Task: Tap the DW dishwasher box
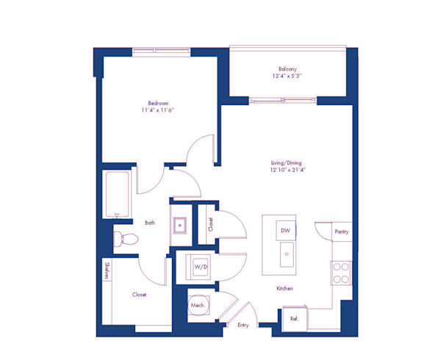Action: tap(287, 231)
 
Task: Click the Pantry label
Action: tap(342, 231)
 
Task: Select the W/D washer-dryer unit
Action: tap(201, 268)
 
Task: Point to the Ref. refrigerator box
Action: tap(293, 319)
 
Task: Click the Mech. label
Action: tap(197, 304)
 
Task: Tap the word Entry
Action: tap(243, 324)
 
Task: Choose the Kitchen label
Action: tap(285, 289)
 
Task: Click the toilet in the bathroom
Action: tap(125, 237)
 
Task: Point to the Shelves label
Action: tap(107, 270)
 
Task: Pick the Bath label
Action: tap(149, 223)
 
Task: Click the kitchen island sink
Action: tap(287, 256)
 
